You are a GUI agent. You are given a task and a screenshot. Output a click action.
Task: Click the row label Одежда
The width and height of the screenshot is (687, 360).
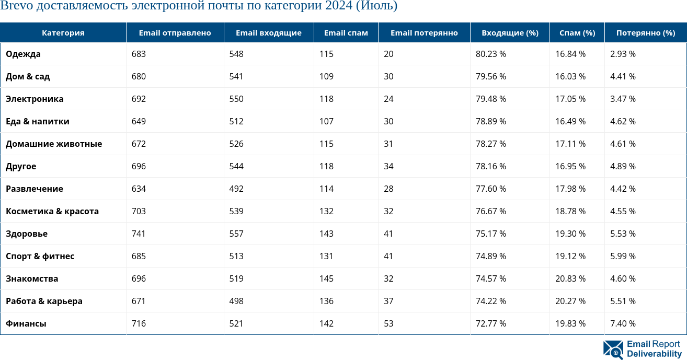coord(23,54)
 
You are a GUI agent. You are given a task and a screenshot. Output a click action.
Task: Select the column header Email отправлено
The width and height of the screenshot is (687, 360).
coord(175,32)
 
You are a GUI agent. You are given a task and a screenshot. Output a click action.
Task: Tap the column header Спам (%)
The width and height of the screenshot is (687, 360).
coord(577,32)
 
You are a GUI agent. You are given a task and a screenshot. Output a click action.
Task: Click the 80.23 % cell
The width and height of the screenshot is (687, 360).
coord(490,54)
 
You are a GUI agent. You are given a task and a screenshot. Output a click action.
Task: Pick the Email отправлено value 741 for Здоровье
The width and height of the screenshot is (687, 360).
coord(139,234)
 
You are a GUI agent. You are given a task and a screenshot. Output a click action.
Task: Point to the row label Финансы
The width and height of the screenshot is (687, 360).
coord(26,323)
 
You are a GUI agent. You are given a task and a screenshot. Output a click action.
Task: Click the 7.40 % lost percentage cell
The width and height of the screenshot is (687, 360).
coord(623,323)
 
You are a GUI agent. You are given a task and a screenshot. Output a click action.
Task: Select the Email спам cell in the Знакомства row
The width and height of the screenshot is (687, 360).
coord(326,278)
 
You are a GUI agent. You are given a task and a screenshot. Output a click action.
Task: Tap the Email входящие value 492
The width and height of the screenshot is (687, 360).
coord(236,189)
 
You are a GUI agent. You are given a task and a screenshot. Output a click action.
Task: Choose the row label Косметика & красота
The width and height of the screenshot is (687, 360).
coord(52,211)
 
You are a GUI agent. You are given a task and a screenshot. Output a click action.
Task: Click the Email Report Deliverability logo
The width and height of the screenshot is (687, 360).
coord(643,349)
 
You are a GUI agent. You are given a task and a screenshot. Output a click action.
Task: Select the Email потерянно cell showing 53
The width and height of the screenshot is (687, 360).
coord(388,323)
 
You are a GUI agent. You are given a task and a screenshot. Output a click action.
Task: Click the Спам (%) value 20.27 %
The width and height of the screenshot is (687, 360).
coord(570,301)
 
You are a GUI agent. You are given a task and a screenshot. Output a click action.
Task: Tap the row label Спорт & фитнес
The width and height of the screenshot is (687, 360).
coord(40,256)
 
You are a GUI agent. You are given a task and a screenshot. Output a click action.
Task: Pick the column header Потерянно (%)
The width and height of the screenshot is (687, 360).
coord(645,32)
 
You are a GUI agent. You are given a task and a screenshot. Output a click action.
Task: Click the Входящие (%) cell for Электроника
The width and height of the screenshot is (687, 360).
coord(490,99)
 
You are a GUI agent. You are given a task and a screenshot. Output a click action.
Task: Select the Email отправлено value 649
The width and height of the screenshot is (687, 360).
coord(139,121)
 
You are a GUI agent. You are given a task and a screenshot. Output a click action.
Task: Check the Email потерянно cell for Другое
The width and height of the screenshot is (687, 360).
coord(388,166)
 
